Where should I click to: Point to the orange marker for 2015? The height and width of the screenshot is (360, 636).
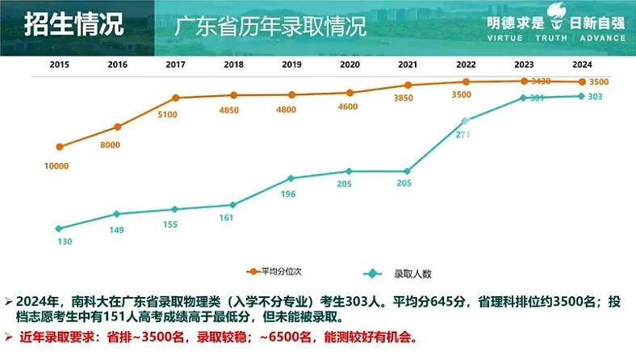tap(59, 147)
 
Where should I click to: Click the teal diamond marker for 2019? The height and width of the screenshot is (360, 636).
tap(291, 178)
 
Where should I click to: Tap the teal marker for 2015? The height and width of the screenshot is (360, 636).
tap(59, 228)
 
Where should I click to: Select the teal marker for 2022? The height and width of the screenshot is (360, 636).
tap(465, 121)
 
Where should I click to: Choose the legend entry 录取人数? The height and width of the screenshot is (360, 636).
tap(412, 273)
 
